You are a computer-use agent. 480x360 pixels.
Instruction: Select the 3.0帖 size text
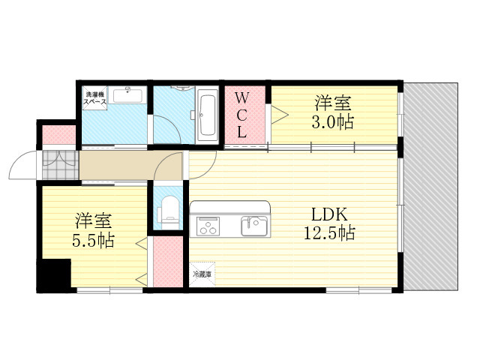pos(333,121)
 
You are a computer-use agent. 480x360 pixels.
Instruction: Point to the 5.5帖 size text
pos(93,241)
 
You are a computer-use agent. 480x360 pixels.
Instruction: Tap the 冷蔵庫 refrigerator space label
pos(202,274)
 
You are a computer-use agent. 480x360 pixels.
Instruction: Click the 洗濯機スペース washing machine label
pos(95,97)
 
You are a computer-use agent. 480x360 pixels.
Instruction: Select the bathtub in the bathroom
pos(208,114)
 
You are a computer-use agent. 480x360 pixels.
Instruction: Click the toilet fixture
pos(169,210)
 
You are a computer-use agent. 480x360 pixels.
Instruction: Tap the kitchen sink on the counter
pos(252,225)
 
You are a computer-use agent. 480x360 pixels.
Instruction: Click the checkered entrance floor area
pos(58,165)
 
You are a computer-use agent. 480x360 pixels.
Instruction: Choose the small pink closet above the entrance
pos(58,135)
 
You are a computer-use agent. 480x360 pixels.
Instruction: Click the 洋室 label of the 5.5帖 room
pos(93,221)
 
